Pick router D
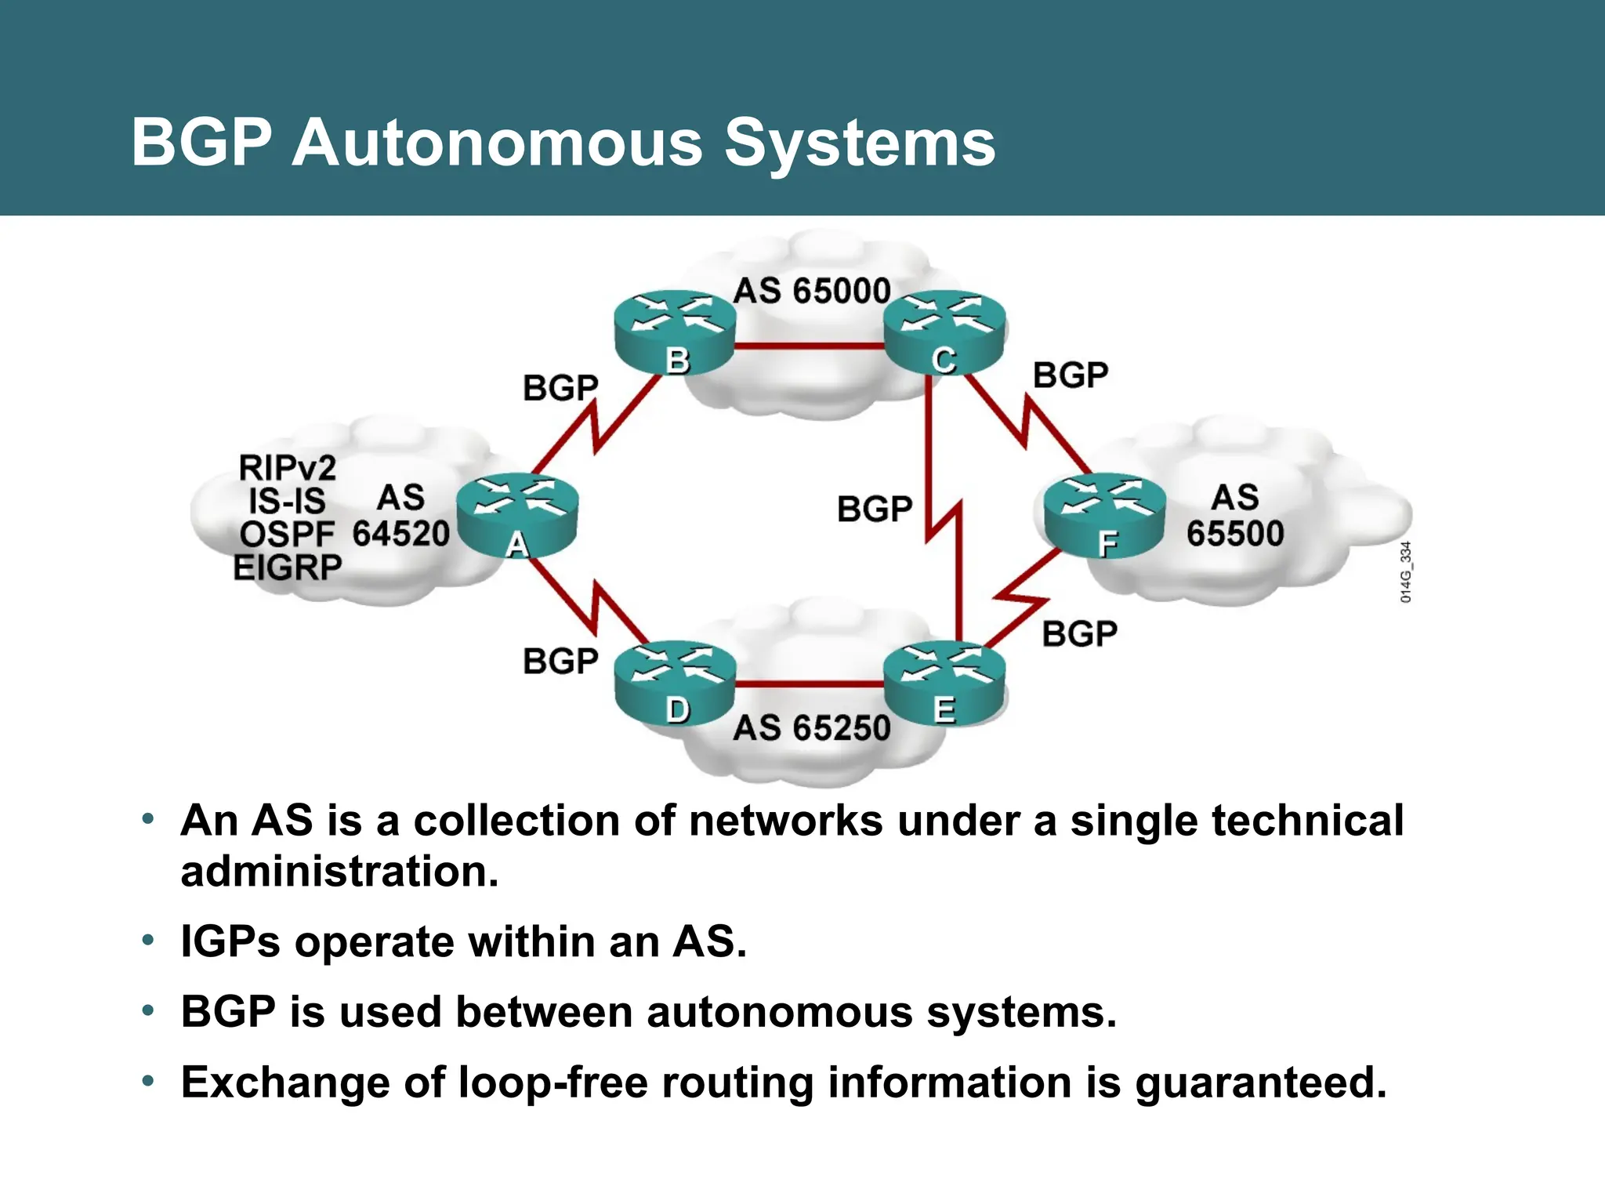click(675, 682)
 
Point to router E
click(944, 682)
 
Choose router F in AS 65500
click(1105, 515)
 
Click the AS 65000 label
click(812, 291)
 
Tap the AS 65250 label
click(812, 728)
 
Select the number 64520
click(400, 534)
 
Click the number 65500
click(1235, 534)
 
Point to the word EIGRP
click(288, 568)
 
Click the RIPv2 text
click(288, 468)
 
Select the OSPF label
click(287, 535)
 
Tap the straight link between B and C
click(809, 345)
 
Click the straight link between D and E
click(809, 684)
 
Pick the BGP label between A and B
click(560, 388)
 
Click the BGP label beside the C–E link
click(875, 510)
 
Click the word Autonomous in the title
click(497, 143)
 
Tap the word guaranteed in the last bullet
click(1260, 1083)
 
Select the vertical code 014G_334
click(1406, 572)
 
